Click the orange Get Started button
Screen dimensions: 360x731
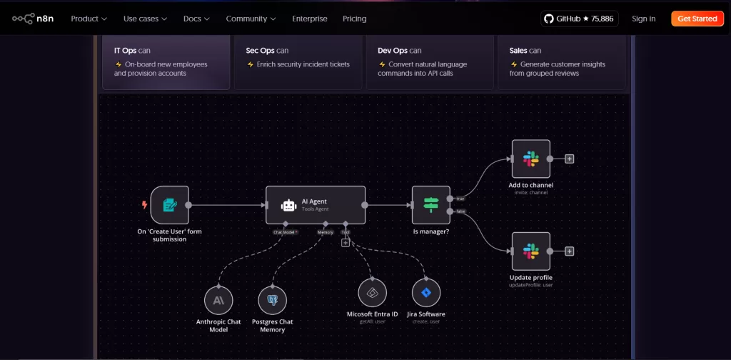[x=697, y=19]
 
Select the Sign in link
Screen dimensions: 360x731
[x=643, y=19]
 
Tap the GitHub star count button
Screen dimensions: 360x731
[x=579, y=19]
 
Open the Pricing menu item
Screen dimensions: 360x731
[x=354, y=19]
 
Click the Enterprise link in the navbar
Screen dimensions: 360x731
[x=310, y=19]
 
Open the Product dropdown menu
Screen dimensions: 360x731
[x=89, y=19]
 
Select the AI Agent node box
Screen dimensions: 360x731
[x=316, y=205]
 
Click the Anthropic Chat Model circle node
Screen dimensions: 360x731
[x=218, y=300]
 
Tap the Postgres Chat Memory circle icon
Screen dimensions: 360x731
[x=272, y=300]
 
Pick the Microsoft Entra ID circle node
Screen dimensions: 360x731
[x=372, y=293]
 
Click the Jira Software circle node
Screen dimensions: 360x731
[x=426, y=293]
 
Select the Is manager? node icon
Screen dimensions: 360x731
[x=430, y=205]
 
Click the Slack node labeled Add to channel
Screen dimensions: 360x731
[x=531, y=159]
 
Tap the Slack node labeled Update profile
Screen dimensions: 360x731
[x=531, y=251]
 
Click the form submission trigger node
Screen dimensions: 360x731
[x=170, y=205]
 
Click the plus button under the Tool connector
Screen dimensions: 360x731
[x=346, y=243]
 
